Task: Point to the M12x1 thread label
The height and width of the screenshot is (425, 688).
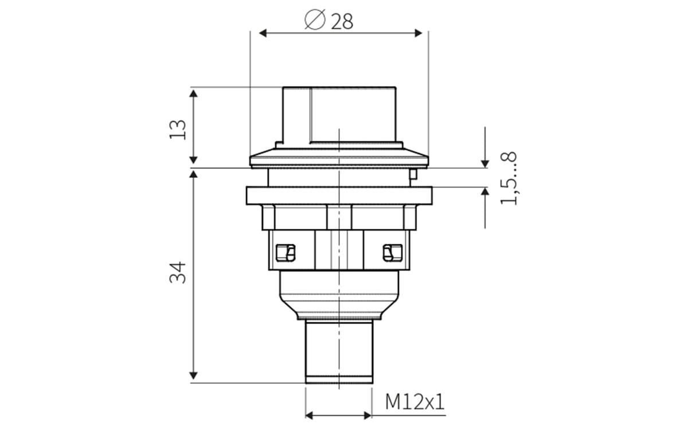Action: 415,402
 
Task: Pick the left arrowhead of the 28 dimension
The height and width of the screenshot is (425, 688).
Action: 264,33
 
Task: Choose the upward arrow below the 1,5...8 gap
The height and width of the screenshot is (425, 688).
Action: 485,193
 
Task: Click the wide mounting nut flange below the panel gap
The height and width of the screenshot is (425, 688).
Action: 339,196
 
